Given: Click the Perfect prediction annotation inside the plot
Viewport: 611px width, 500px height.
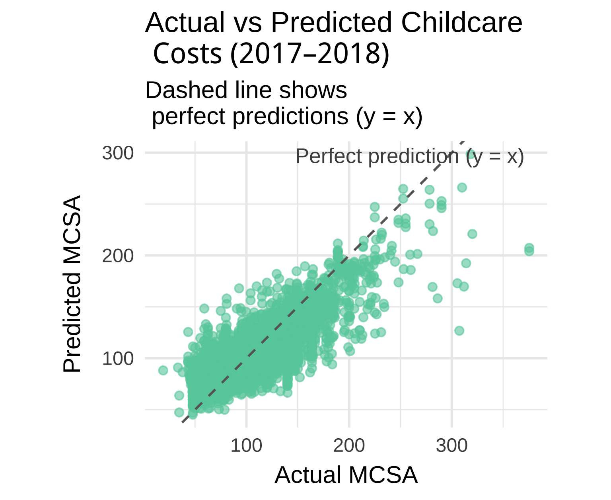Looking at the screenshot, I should pos(410,156).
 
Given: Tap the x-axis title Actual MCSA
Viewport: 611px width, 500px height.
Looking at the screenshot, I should pos(346,475).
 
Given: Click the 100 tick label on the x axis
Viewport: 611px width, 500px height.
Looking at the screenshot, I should pos(246,446).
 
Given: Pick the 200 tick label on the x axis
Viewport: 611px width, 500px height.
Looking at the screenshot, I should pos(349,446).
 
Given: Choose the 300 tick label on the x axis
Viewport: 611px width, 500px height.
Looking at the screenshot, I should pos(451,446).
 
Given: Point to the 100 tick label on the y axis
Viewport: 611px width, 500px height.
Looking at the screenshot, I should pos(118,359).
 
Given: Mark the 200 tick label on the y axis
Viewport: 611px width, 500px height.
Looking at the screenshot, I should pos(118,256).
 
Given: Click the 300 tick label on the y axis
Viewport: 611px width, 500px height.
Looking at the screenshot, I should pos(118,153).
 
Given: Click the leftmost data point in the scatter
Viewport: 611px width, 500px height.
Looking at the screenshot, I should pos(163,371).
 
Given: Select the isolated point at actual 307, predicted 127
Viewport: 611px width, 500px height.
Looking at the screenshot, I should pos(459,331).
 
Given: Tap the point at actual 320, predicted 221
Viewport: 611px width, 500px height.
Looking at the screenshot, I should pos(472,234).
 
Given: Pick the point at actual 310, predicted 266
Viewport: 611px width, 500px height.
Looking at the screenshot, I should pos(462,187).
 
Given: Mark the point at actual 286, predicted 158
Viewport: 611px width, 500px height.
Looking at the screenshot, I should pos(438,299).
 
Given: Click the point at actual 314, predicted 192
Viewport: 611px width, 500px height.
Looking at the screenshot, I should pos(466,263).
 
